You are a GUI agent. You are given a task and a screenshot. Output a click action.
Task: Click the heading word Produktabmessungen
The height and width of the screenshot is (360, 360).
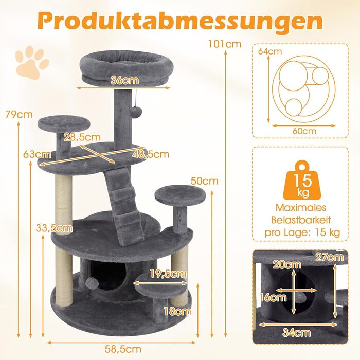(180, 22)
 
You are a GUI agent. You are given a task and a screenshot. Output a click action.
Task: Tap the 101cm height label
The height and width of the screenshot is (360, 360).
(225, 44)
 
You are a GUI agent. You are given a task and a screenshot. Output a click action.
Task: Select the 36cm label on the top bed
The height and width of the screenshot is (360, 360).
(124, 80)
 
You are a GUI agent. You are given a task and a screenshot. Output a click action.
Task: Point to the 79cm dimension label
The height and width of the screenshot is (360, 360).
(19, 114)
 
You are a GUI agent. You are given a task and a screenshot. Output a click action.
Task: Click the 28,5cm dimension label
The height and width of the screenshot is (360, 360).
(82, 137)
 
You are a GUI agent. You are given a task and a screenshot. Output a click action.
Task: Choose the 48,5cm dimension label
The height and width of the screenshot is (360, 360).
(151, 154)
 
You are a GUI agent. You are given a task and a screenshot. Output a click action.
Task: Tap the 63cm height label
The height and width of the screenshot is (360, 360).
(37, 154)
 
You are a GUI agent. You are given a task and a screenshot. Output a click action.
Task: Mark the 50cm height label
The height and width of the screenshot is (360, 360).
(204, 181)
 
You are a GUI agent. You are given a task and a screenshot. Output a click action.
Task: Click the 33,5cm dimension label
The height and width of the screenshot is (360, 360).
(54, 228)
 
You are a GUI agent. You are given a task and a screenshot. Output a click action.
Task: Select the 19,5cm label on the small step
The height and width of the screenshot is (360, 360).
(168, 274)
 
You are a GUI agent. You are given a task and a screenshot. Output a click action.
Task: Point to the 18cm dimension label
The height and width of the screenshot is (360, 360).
(177, 311)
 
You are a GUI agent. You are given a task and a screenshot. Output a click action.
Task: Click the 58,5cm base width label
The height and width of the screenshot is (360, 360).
(123, 349)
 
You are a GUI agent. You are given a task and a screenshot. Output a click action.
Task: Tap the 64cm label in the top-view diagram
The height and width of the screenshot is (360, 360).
(270, 51)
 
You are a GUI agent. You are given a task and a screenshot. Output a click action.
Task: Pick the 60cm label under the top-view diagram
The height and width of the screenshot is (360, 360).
(304, 131)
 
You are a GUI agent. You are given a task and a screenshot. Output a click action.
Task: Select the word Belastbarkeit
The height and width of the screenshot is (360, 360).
(301, 220)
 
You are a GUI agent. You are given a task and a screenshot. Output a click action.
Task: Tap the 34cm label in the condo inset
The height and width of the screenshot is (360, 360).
(296, 332)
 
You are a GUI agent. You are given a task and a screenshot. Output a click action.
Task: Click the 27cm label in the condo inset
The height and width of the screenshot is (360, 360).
(330, 257)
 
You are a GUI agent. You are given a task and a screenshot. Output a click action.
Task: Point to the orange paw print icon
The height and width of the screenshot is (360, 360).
(32, 62)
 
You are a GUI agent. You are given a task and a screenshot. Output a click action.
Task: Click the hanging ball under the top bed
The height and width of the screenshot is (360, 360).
(136, 112)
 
